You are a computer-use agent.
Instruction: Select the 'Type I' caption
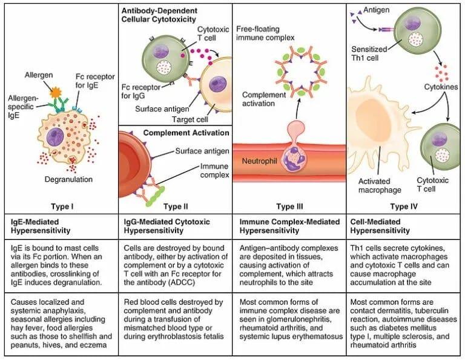63,206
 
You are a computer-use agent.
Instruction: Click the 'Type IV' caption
403,206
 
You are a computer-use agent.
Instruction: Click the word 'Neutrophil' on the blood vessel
259,163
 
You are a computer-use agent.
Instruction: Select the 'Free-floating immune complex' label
263,33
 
